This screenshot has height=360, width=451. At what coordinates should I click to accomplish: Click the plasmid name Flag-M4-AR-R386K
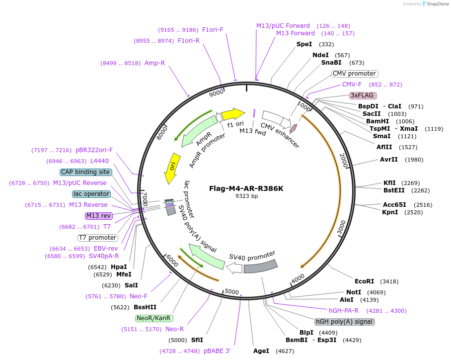point(247,188)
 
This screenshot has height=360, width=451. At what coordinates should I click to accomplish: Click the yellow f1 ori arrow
point(233,114)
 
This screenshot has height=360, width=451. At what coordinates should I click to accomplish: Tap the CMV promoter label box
point(354,74)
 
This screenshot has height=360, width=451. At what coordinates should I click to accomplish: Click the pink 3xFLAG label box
point(363,95)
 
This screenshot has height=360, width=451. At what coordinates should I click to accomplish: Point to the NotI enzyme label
point(354,292)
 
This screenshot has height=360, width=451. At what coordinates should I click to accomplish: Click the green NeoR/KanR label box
point(153,318)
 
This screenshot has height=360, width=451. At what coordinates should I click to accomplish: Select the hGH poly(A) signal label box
point(345,322)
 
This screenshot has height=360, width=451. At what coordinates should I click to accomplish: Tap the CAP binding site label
point(85,172)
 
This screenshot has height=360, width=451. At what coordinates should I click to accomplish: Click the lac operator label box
point(91,194)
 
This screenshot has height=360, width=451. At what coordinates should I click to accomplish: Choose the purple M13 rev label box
point(99,216)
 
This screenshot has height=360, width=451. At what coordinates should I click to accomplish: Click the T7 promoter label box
point(98,238)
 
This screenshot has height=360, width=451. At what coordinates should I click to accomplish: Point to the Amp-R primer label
point(154,63)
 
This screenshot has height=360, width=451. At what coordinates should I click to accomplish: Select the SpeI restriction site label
point(304,44)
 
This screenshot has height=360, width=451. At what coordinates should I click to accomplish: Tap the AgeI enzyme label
point(261,351)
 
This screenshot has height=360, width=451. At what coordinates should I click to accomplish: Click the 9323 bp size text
point(247,196)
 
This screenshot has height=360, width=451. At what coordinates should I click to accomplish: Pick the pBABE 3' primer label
point(217,351)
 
